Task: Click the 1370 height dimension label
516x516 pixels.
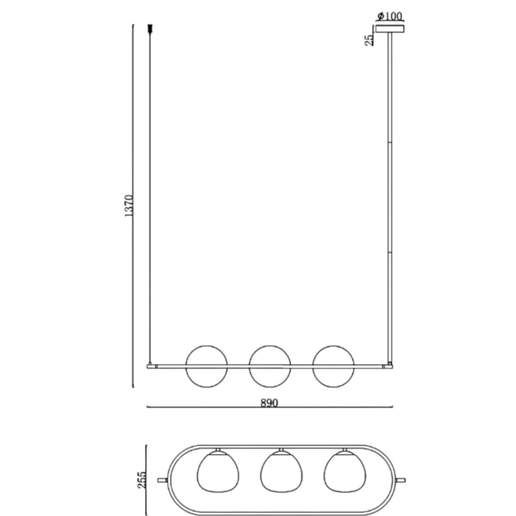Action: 129,206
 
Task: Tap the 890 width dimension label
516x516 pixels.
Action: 269,403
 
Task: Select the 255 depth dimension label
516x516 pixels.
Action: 141,480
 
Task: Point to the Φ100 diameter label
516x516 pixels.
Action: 390,16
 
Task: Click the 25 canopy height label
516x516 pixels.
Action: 369,40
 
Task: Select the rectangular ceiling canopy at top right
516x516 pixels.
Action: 390,29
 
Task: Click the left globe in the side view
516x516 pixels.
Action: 206,346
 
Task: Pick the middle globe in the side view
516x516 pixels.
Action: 269,346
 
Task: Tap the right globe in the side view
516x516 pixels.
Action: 333,346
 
